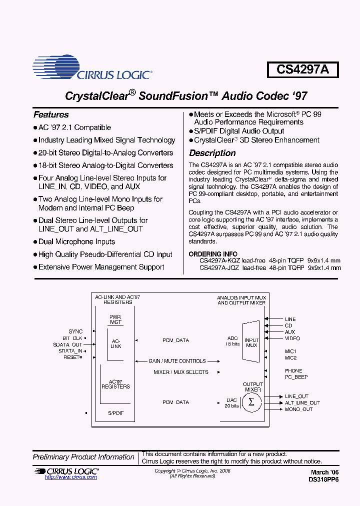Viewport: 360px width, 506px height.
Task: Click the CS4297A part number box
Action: click(302, 69)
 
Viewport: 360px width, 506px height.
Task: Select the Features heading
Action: click(51, 114)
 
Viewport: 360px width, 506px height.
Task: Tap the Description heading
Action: click(212, 153)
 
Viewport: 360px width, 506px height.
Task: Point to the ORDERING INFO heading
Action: click(213, 254)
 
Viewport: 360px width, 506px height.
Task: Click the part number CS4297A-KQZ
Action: click(219, 260)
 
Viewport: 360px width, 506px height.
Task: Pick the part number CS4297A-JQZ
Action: click(219, 267)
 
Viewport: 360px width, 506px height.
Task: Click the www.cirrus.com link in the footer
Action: click(71, 477)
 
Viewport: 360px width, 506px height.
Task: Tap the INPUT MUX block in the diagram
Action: click(251, 342)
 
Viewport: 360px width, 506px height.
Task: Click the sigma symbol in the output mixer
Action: click(251, 402)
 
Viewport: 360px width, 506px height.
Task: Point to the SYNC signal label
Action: click(75, 331)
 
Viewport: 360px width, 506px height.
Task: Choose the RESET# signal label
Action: click(72, 357)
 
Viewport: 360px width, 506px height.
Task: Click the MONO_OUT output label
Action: click(298, 409)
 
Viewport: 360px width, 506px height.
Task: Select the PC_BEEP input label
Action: click(296, 377)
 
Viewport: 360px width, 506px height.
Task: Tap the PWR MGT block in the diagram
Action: click(115, 320)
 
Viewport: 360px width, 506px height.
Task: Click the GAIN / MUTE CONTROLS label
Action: click(177, 361)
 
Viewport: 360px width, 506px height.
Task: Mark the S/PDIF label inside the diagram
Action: click(115, 413)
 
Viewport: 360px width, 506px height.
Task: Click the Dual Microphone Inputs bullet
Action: click(76, 241)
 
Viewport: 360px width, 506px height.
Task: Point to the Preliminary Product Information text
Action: click(83, 457)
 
